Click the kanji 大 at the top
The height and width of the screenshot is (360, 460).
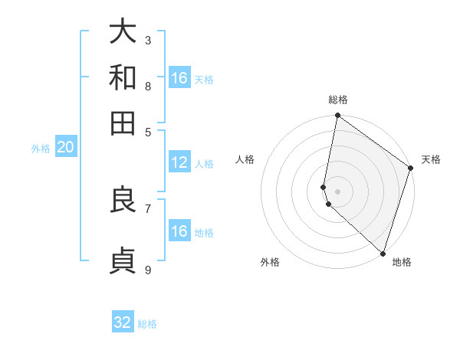point(123,32)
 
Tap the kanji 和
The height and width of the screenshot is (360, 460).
point(123,77)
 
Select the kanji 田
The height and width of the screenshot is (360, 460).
point(123,123)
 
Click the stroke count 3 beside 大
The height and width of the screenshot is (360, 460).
point(148,40)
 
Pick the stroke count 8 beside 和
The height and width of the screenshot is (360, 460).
point(148,86)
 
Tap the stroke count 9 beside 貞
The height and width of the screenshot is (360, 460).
point(148,270)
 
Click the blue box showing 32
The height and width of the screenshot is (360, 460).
point(123,322)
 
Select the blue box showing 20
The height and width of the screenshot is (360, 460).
point(65,148)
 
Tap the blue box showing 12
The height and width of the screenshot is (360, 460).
point(179,162)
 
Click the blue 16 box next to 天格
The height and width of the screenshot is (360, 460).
point(179,78)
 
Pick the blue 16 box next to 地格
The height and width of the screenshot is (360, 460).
point(179,231)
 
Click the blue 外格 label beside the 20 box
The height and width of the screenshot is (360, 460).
point(41,149)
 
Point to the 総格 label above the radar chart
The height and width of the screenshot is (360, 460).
point(337,100)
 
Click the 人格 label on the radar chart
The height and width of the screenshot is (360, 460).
point(245,159)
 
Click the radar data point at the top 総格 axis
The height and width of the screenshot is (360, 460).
point(337,116)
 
